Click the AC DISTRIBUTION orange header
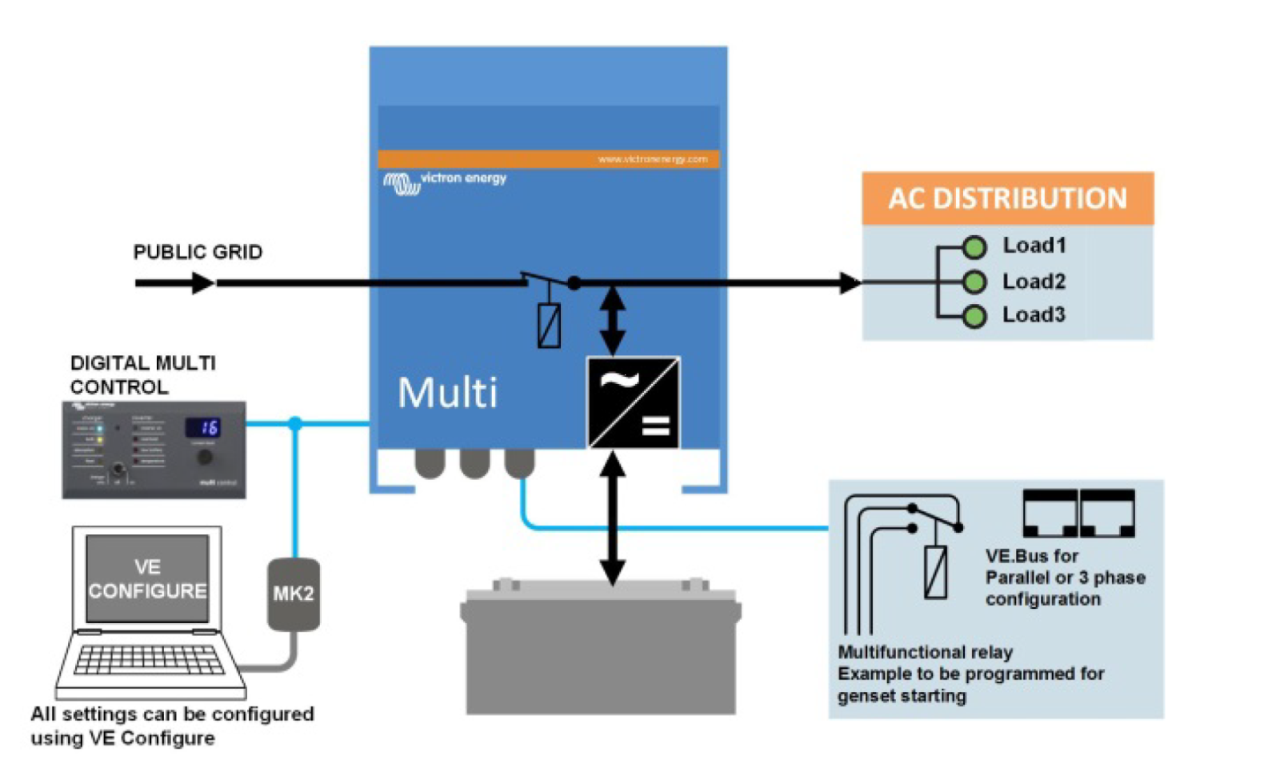[x=1006, y=198]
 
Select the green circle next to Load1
[x=974, y=247]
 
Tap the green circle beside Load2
[x=974, y=282]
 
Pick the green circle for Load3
[x=974, y=317]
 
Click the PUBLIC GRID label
[x=198, y=252]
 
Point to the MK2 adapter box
[x=294, y=594]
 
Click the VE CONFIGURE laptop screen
[x=147, y=578]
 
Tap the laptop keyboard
[x=149, y=660]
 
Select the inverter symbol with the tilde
[x=634, y=402]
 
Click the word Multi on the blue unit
[x=447, y=393]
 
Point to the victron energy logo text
[x=463, y=178]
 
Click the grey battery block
[x=600, y=652]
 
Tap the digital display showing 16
[x=203, y=427]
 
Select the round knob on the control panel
[x=205, y=457]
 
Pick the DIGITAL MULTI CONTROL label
[x=142, y=374]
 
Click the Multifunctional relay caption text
[x=925, y=652]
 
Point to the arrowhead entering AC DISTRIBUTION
[x=850, y=282]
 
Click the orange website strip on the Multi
[x=548, y=159]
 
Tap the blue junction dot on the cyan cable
[x=295, y=423]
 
